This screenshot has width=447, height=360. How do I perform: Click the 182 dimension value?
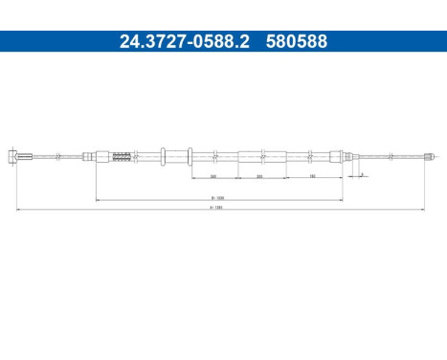[x=313, y=177]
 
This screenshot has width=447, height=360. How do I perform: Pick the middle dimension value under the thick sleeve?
[x=260, y=177]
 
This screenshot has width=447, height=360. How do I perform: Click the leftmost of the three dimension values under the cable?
[x=212, y=177]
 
